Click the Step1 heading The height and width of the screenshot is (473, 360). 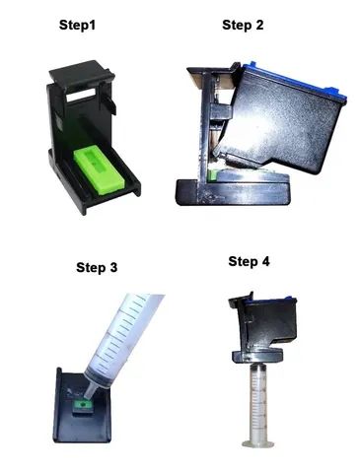pos(77,25)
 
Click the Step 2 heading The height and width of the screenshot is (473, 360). pos(243,25)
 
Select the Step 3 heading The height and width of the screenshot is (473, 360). pos(97,267)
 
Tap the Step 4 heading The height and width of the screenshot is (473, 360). pos(249,262)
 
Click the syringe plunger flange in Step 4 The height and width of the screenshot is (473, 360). pos(258,443)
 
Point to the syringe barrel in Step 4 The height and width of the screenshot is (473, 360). pos(258,401)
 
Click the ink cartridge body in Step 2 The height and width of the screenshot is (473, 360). pos(279,125)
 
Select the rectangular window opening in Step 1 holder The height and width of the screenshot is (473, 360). pos(81,96)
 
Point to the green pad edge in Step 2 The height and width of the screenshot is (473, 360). pos(213,175)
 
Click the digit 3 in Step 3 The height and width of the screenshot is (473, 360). pos(112,267)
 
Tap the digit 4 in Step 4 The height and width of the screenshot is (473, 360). pos(265,262)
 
